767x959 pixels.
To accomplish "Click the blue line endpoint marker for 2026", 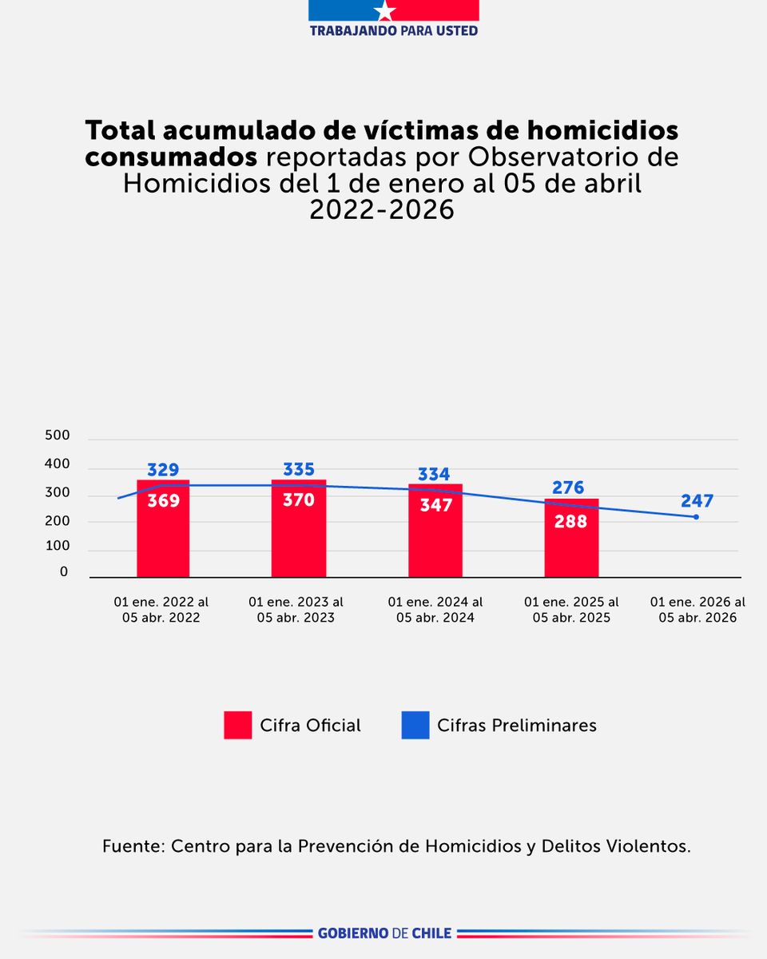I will [x=696, y=517].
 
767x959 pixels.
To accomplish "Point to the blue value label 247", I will [x=697, y=501].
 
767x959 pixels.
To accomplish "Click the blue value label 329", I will [x=163, y=469].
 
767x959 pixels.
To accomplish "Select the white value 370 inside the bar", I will [x=299, y=500].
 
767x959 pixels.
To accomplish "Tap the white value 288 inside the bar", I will [x=571, y=521].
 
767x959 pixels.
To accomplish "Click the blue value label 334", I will [x=435, y=474].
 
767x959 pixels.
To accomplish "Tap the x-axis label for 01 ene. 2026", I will [x=697, y=610].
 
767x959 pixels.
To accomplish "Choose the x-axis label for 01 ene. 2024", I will [x=435, y=610].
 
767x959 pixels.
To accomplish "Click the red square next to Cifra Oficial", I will [x=238, y=725].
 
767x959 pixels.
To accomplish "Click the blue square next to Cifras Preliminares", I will [x=415, y=725].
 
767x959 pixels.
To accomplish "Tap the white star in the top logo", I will [x=385, y=11].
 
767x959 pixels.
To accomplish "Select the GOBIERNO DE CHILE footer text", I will [x=384, y=933].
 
